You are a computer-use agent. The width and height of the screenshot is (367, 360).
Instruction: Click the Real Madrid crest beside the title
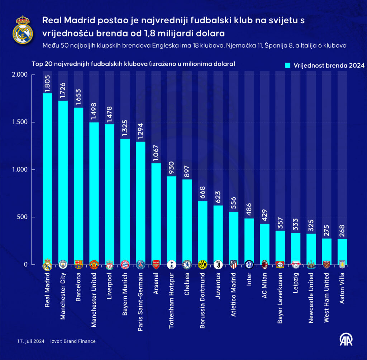(23, 30)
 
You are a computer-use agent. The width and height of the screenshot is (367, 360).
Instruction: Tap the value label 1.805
(47, 84)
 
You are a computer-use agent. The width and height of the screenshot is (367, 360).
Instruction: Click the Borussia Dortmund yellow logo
(202, 265)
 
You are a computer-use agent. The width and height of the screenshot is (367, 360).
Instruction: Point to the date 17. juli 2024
(30, 341)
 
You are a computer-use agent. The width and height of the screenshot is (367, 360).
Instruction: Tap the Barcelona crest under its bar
(78, 265)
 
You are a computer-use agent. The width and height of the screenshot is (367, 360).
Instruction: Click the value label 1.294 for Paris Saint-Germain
(140, 132)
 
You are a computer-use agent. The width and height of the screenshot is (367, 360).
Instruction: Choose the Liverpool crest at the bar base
(109, 265)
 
